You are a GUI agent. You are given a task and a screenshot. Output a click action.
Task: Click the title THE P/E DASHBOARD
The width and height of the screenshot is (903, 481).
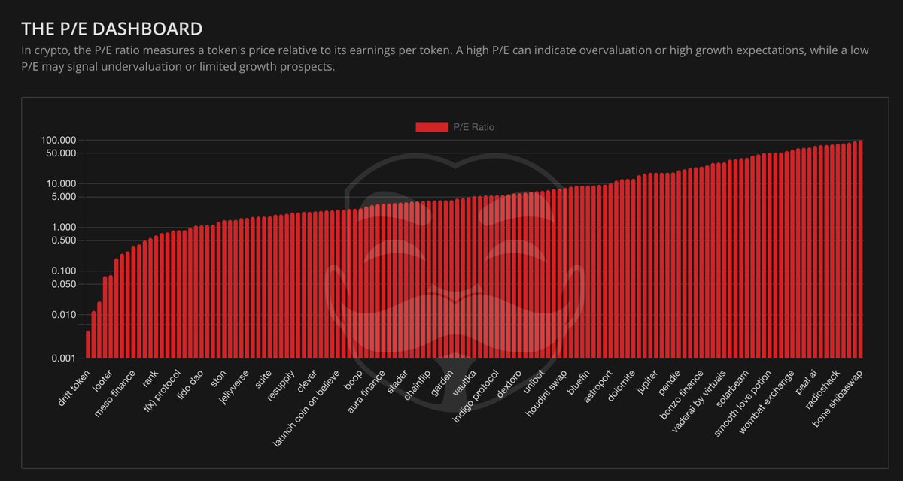point(111,29)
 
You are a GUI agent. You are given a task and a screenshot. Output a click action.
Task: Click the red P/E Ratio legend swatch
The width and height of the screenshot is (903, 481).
point(431,127)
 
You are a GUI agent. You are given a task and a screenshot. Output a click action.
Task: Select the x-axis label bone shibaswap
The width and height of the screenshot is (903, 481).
point(837,398)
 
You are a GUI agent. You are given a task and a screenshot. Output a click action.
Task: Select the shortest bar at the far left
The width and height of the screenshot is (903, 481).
point(88,345)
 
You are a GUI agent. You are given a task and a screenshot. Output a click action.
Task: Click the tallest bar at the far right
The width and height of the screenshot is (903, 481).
point(860,249)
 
